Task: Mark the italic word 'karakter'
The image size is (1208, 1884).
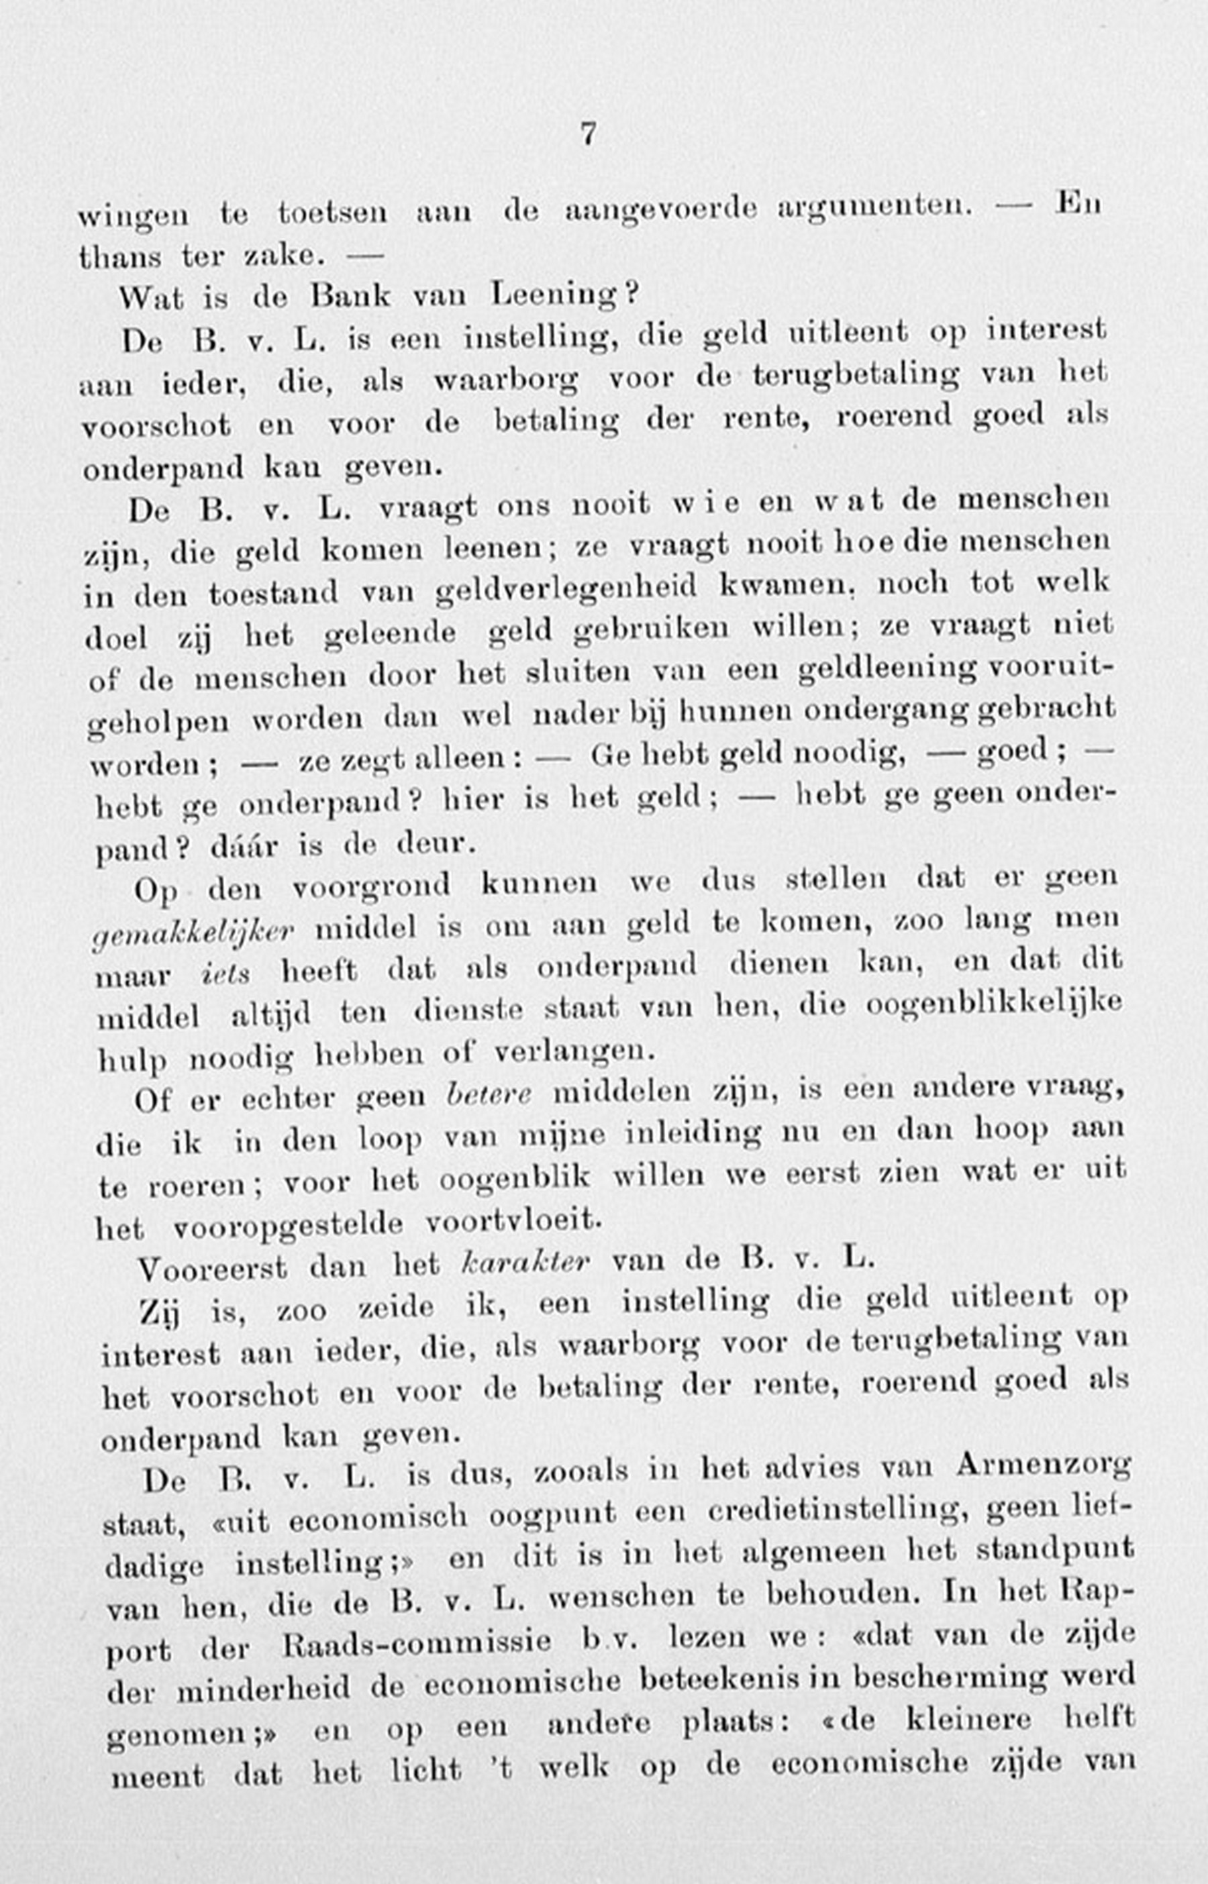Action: pyautogui.click(x=524, y=1261)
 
